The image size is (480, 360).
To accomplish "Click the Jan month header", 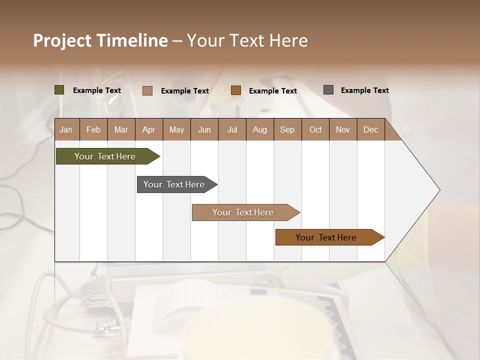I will (66, 129).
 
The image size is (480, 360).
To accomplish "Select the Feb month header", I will (93, 129).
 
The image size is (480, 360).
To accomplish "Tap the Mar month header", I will (121, 129).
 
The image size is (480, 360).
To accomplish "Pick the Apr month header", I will (149, 129).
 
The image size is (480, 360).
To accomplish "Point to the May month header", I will (176, 129).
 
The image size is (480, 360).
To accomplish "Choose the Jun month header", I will (204, 129).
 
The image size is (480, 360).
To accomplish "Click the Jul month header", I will (232, 129).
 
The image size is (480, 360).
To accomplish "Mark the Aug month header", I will (260, 129).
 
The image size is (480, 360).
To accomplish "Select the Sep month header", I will (287, 129).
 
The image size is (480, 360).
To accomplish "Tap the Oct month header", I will (315, 129).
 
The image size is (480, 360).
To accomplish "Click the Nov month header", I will (343, 129).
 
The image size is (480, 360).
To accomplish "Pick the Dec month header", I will (371, 129).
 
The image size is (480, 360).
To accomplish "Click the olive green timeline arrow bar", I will (105, 156).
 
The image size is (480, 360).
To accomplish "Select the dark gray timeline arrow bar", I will (174, 184).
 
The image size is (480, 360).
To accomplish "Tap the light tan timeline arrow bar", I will (243, 212).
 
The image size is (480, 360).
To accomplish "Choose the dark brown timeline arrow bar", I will (326, 237).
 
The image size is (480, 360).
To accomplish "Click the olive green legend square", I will (59, 90).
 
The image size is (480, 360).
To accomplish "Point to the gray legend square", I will (328, 90).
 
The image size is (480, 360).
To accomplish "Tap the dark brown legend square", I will (236, 90).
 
